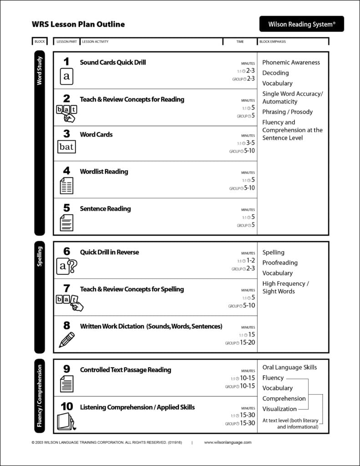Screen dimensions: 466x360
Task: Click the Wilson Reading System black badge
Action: pos(301,24)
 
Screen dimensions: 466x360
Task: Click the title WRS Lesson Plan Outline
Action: pos(78,24)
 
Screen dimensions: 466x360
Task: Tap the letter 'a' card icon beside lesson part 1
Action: pos(66,76)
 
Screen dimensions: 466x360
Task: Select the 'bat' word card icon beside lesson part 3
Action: pos(66,147)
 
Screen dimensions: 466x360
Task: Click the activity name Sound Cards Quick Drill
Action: pos(113,62)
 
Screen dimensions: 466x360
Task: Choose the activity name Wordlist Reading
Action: pos(104,172)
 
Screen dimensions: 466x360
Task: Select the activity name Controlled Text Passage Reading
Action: pos(126,370)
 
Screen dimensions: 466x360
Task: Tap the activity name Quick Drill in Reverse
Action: pos(109,252)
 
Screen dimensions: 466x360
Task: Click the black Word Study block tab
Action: pos(40,143)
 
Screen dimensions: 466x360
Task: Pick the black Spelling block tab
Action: pos(40,297)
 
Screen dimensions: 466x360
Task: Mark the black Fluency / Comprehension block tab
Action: pos(40,396)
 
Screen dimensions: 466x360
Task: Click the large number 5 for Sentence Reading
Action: pos(66,208)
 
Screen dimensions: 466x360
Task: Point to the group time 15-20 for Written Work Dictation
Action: pos(247,342)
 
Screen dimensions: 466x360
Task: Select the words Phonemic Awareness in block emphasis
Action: pos(291,62)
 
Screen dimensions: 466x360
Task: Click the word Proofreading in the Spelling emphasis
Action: pos(279,263)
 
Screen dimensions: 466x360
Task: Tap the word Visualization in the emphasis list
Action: pos(279,409)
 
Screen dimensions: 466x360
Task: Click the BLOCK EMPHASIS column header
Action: pos(273,42)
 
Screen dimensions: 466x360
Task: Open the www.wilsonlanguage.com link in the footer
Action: pos(228,442)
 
